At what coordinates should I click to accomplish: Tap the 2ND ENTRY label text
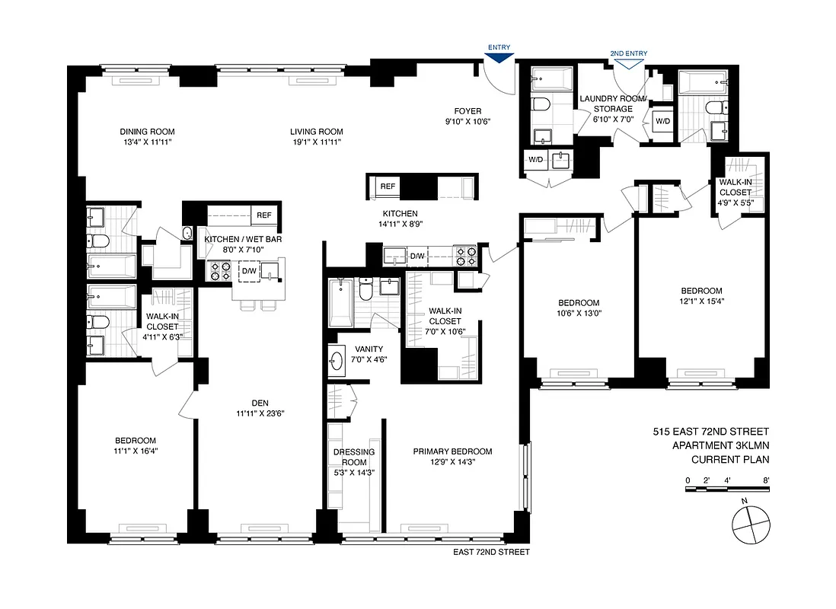(628, 53)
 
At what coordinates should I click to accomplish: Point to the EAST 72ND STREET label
(491, 552)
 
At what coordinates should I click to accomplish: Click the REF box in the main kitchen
(388, 186)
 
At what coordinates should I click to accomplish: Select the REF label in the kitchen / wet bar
(264, 215)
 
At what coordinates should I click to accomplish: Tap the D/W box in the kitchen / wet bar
(249, 270)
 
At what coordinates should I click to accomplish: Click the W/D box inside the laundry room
(662, 121)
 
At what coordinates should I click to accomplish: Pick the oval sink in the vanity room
(337, 361)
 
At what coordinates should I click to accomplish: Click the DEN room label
(260, 403)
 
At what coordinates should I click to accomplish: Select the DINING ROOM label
(138, 131)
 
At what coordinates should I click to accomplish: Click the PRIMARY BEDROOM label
(452, 451)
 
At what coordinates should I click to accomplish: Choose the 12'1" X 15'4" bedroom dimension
(701, 301)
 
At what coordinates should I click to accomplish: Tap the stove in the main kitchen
(464, 255)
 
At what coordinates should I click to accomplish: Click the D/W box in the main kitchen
(417, 256)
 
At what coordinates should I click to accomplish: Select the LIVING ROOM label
(316, 131)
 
